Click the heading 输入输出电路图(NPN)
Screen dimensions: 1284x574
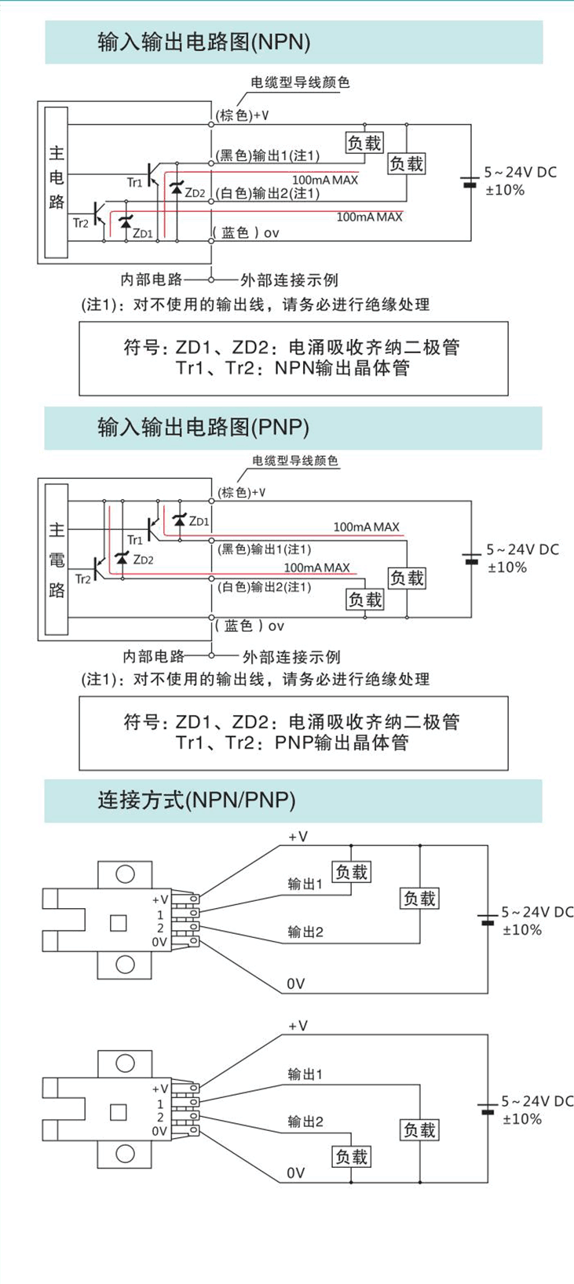[203, 42]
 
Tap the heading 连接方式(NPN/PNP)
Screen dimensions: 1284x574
[196, 800]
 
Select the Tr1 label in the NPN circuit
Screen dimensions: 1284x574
[135, 182]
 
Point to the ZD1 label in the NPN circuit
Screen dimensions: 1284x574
[142, 232]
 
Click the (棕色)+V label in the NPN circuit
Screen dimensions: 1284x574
[243, 115]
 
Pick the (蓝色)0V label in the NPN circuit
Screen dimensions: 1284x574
[247, 232]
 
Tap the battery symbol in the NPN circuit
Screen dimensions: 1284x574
[470, 181]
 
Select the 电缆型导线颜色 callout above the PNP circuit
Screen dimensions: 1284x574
[295, 461]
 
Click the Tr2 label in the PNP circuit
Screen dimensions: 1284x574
[82, 579]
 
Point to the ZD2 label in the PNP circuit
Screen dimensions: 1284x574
[143, 560]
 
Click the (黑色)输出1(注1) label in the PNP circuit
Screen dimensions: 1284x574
[265, 549]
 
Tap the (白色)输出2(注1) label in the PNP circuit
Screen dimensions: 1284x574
[265, 586]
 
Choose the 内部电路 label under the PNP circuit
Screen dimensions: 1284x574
[154, 656]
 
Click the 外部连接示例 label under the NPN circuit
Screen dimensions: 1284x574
[290, 280]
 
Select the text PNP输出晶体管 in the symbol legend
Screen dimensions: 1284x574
[342, 742]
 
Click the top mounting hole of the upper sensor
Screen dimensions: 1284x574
[125, 874]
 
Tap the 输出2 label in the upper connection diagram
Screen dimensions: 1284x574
[305, 932]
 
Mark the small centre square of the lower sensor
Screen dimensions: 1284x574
[119, 1111]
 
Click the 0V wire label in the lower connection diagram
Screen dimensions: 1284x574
[295, 1173]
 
